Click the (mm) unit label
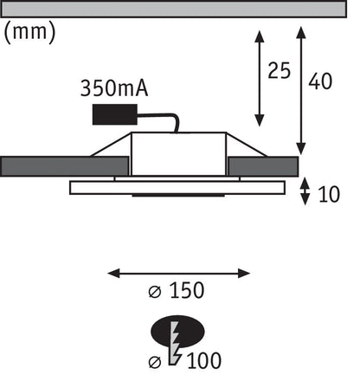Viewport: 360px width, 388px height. coord(29,32)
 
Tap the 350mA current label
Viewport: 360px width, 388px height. coord(114,88)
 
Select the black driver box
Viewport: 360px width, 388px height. coord(115,114)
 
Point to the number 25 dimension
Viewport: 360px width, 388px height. coord(279,71)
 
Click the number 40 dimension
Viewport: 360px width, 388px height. coord(320,81)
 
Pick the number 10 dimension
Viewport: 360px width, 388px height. coord(329,194)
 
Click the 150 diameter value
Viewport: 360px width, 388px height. coord(187,290)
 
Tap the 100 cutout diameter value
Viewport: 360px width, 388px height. coord(204,360)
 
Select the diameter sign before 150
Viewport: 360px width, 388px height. coord(155,292)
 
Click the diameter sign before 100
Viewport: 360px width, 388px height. coord(155,362)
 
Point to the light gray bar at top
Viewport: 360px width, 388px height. coord(174,9)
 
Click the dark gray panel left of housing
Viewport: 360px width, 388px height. coord(65,166)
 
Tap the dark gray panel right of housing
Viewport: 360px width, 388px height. coord(262,166)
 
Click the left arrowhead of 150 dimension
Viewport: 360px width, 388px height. coord(113,273)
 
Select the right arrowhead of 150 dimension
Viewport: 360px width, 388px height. coord(244,273)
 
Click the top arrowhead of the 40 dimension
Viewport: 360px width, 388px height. coord(301,32)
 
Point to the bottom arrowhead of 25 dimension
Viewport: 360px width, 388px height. coord(260,120)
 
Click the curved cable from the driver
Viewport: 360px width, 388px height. coord(162,119)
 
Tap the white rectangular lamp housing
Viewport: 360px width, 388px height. coord(178,154)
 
